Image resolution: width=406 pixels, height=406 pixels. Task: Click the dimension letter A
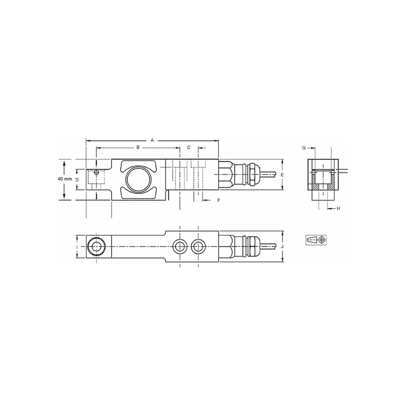[152, 138]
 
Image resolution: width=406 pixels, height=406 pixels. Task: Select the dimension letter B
[138, 147]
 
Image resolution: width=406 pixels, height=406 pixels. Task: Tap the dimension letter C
[189, 147]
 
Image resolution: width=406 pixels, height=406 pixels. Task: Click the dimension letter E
[288, 175]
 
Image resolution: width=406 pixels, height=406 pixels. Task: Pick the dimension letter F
[218, 201]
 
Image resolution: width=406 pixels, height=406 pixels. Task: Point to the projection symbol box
[316, 239]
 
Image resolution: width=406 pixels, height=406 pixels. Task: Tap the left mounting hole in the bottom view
[95, 247]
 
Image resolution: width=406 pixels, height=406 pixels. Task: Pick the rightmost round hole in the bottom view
[198, 247]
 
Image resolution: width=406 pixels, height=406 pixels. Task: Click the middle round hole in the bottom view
[179, 247]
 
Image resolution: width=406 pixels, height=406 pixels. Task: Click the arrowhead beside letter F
[205, 201]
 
